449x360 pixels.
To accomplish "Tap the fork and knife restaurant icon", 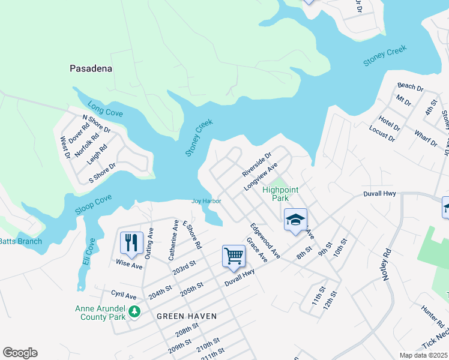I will (131, 243).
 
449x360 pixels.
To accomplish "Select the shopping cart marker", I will (234, 256).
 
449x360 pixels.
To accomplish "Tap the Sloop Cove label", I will (93, 205).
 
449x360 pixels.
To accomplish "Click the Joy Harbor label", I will (206, 201).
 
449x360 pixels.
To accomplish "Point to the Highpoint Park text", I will (280, 194).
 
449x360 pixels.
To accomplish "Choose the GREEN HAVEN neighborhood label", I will (186, 316).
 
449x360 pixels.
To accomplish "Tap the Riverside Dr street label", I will (257, 164).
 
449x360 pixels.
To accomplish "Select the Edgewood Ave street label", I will (265, 241).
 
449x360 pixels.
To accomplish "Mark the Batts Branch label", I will (21, 241).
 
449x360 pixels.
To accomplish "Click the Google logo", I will (20, 353).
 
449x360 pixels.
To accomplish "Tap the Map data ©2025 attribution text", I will (424, 355).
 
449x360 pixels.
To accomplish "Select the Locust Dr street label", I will (382, 133).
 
